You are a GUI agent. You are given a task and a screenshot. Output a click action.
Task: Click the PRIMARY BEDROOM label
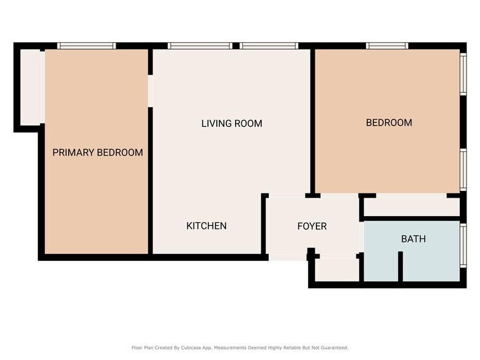point(97,152)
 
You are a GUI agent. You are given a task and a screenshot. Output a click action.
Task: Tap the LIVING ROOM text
point(231,124)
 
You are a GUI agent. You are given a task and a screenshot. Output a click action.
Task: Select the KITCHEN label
point(206,226)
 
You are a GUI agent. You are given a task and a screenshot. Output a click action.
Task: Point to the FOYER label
point(312,226)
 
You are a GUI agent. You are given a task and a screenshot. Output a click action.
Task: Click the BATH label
point(413,239)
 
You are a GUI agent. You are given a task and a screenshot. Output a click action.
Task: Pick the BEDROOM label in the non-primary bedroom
point(389,122)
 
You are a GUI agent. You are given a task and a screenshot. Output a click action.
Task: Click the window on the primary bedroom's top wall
point(86,46)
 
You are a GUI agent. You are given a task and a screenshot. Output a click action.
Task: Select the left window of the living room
point(200,46)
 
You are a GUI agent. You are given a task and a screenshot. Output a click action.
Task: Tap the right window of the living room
point(269,46)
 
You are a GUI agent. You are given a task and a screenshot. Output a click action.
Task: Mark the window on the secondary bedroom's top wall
point(388,46)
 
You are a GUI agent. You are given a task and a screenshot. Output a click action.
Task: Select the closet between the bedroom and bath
point(411,206)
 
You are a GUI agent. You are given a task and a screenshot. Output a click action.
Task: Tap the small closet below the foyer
point(336,269)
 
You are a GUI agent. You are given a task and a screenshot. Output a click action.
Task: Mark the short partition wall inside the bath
point(400,267)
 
